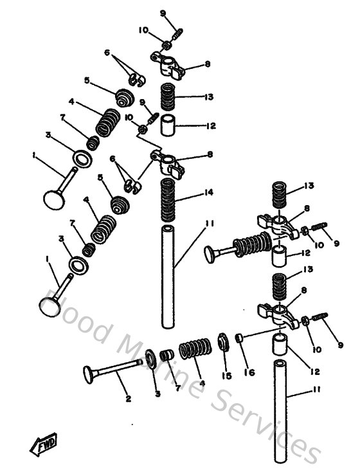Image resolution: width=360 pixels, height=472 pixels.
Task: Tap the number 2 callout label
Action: pyautogui.click(x=128, y=399)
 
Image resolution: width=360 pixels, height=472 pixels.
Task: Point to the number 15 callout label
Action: pyautogui.click(x=226, y=376)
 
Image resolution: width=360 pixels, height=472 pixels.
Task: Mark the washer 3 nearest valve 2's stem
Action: pyautogui.click(x=150, y=358)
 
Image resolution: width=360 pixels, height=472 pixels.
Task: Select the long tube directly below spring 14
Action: pyautogui.click(x=168, y=277)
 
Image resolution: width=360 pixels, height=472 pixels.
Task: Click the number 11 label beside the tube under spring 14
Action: pyautogui.click(x=209, y=224)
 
